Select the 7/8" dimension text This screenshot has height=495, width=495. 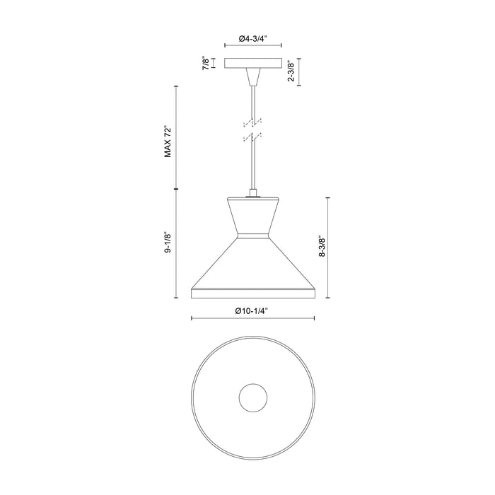tap(206, 64)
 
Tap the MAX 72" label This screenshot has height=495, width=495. tap(168, 141)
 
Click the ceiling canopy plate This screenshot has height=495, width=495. tap(252, 64)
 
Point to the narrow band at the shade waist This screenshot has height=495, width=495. tap(252, 235)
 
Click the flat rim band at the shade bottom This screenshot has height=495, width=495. tap(252, 291)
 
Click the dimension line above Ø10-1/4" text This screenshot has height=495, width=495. tap(252, 319)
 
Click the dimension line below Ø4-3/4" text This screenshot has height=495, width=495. tap(252, 47)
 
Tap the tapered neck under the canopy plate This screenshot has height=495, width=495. tap(252, 77)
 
